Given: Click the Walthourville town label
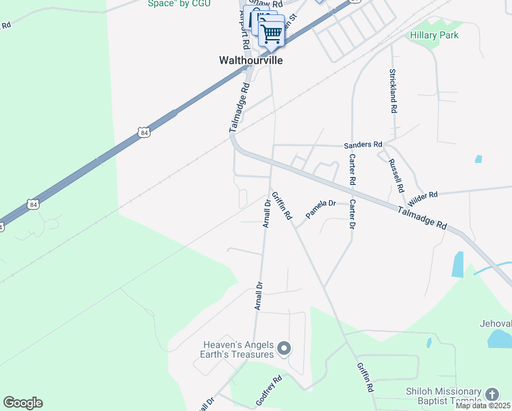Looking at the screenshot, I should (x=251, y=60).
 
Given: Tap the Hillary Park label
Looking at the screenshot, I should (x=434, y=35).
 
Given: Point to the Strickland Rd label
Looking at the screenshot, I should (x=393, y=90).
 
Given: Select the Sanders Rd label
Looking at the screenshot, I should (x=363, y=145).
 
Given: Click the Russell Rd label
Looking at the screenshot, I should (x=396, y=175).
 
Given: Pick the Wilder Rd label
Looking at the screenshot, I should (x=422, y=199).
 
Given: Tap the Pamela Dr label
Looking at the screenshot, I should (x=320, y=209).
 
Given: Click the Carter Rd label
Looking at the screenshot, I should (x=353, y=170).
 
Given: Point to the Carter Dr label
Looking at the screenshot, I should (x=353, y=214).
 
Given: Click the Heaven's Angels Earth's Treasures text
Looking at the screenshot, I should (x=238, y=350).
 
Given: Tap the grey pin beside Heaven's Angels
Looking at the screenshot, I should (x=285, y=350).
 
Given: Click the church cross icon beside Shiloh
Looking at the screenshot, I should (x=491, y=395).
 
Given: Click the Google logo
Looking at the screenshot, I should (x=23, y=402).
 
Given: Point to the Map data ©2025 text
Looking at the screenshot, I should (x=483, y=406).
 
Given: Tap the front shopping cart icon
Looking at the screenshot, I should (x=272, y=32).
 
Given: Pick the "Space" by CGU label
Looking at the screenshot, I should (x=179, y=3).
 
